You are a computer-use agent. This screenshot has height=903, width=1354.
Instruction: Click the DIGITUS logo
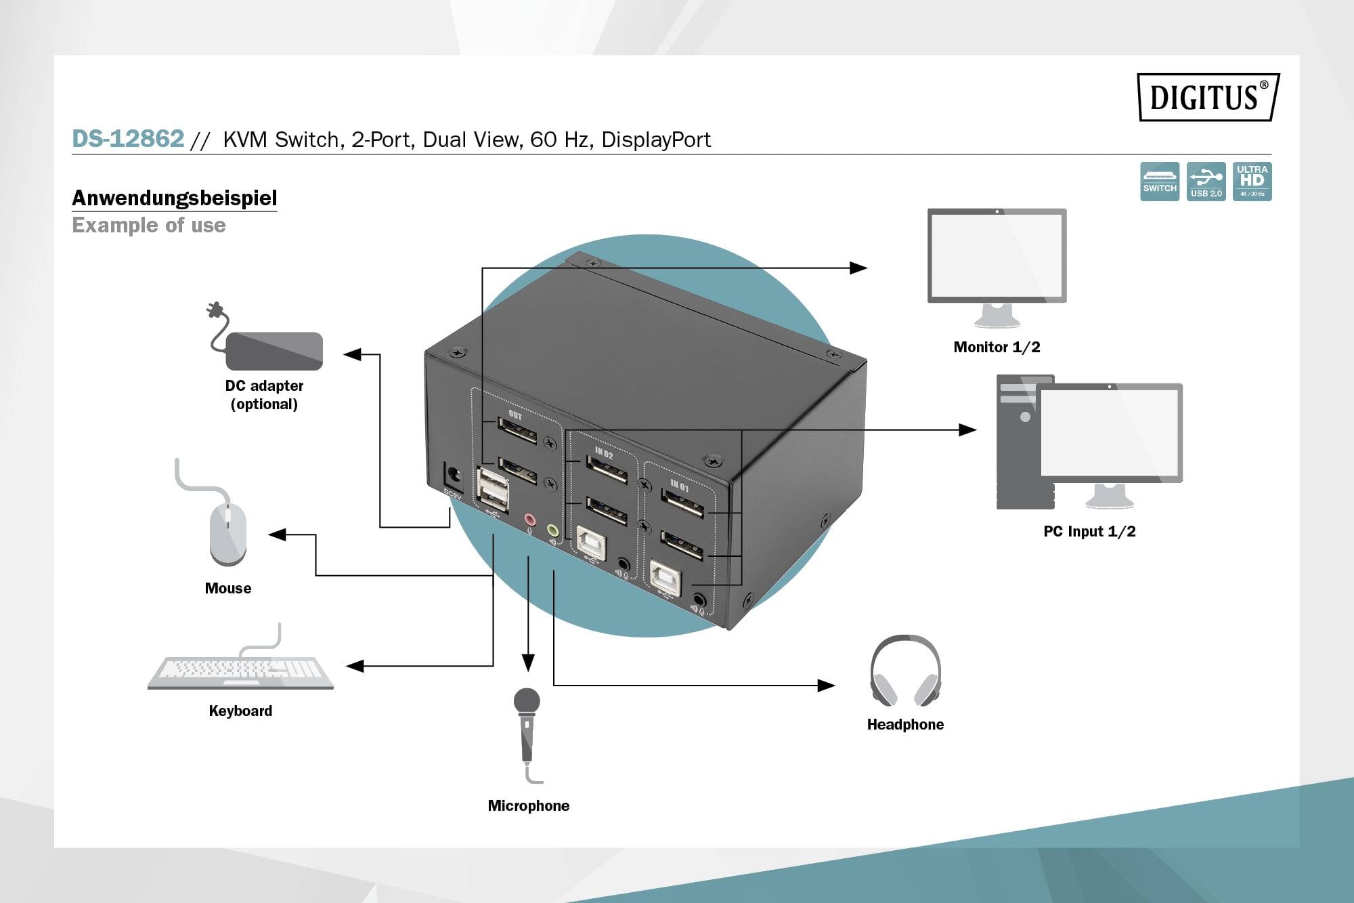pos(1208,97)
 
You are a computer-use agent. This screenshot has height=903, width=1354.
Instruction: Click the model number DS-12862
pos(128,139)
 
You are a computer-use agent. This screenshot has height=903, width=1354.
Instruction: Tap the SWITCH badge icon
pos(1159,181)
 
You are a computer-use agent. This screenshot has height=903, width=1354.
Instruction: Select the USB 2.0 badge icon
pos(1206,181)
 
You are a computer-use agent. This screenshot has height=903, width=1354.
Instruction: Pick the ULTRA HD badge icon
pos(1252,181)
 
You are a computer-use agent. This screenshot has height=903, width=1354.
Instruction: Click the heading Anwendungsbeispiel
pos(174,198)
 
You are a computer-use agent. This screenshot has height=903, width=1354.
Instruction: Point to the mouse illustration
pos(227,532)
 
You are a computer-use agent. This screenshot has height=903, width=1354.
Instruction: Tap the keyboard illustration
pos(241,670)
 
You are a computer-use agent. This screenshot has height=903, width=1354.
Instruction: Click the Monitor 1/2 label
pos(997,348)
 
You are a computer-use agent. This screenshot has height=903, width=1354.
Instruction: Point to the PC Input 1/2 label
pos(1089,532)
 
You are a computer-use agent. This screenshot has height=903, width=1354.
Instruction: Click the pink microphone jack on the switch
pos(530,520)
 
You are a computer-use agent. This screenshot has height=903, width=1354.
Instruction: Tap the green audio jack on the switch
pos(553,530)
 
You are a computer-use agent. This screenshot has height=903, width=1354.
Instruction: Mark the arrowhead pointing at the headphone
pos(826,686)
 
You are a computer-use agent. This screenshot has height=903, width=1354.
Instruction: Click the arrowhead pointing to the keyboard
pos(355,667)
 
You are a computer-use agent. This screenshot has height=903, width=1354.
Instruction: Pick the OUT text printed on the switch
pos(515,415)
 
